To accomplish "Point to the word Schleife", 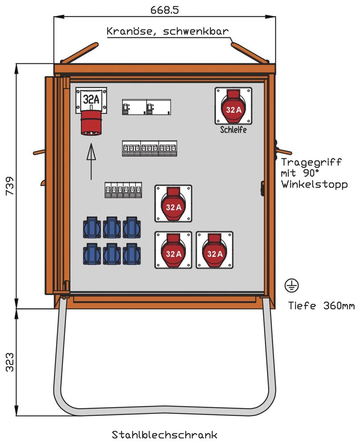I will [233, 130].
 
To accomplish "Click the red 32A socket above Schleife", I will [234, 107].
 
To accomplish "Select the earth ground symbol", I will [293, 286].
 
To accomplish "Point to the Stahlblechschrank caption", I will [165, 434].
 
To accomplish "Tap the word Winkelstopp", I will [314, 184].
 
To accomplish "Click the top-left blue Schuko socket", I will [92, 227].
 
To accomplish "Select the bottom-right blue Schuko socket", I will [132, 254].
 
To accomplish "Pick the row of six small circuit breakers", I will [123, 190].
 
